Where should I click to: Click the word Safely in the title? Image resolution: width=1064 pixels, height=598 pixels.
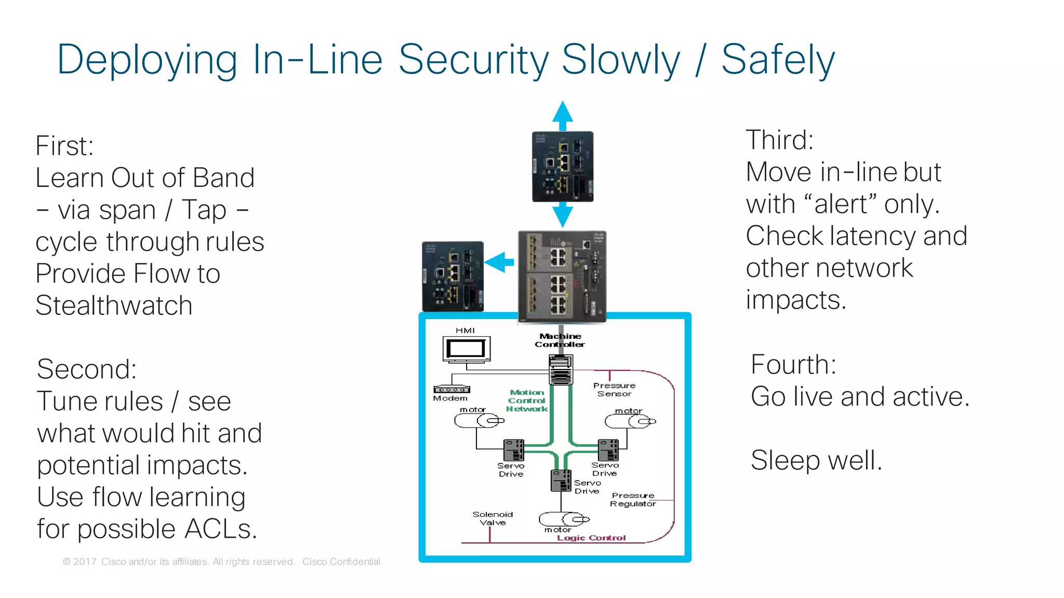click(778, 60)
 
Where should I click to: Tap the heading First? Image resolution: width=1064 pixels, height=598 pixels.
click(64, 146)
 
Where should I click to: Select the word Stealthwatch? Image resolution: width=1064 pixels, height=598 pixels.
click(114, 305)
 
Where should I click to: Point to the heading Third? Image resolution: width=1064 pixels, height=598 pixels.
click(779, 140)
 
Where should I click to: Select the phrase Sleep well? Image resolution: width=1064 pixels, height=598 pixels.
click(816, 460)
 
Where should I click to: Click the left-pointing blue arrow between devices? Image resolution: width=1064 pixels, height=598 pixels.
click(500, 262)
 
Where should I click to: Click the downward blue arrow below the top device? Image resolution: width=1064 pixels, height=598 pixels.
click(563, 215)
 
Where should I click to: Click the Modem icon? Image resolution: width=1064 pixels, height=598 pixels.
click(451, 389)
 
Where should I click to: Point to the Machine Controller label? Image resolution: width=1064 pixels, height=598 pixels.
click(560, 340)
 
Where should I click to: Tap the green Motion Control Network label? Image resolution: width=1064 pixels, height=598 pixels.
click(527, 401)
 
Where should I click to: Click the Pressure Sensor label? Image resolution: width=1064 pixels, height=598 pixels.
click(614, 390)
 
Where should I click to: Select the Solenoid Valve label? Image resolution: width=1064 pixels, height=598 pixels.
click(493, 519)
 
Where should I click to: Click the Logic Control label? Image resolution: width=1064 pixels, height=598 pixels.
click(591, 538)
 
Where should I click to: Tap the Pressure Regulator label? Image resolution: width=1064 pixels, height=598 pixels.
click(633, 500)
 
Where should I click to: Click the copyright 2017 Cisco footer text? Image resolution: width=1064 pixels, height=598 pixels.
click(221, 562)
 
